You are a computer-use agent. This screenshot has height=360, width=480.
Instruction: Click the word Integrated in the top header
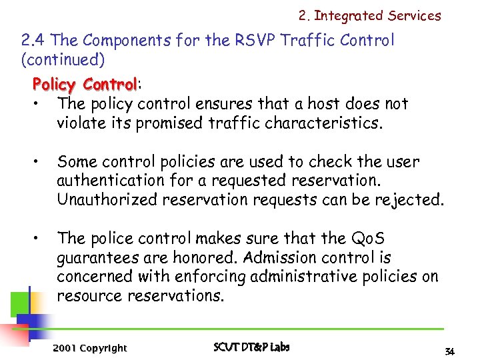click(349, 15)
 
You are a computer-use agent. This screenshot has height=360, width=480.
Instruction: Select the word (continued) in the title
click(63, 60)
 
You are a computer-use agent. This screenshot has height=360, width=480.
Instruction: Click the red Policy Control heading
click(85, 85)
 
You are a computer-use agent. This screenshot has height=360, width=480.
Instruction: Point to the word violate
click(82, 123)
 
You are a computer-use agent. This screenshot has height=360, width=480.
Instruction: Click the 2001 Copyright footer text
click(89, 348)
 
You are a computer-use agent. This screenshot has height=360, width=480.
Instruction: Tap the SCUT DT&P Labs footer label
click(251, 347)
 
